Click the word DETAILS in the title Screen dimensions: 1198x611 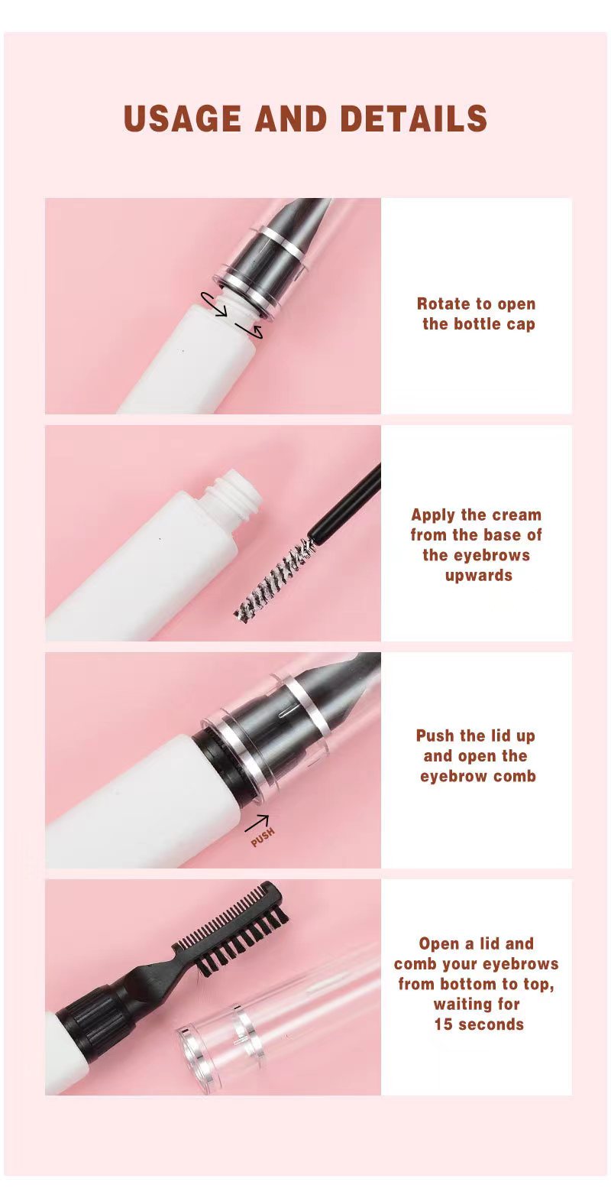pyautogui.click(x=413, y=119)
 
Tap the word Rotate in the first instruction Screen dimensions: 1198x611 pyautogui.click(x=442, y=304)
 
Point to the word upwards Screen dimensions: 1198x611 pyautogui.click(x=478, y=574)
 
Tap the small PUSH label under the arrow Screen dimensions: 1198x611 pyautogui.click(x=262, y=837)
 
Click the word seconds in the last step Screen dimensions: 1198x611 pyautogui.click(x=491, y=1024)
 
